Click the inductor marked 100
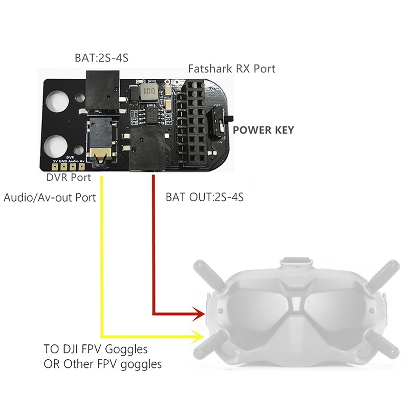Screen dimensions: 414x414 point(148,92)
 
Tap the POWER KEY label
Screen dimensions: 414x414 point(264,130)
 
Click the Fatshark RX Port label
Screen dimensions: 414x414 point(232,68)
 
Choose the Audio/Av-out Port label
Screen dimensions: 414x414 point(50,197)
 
